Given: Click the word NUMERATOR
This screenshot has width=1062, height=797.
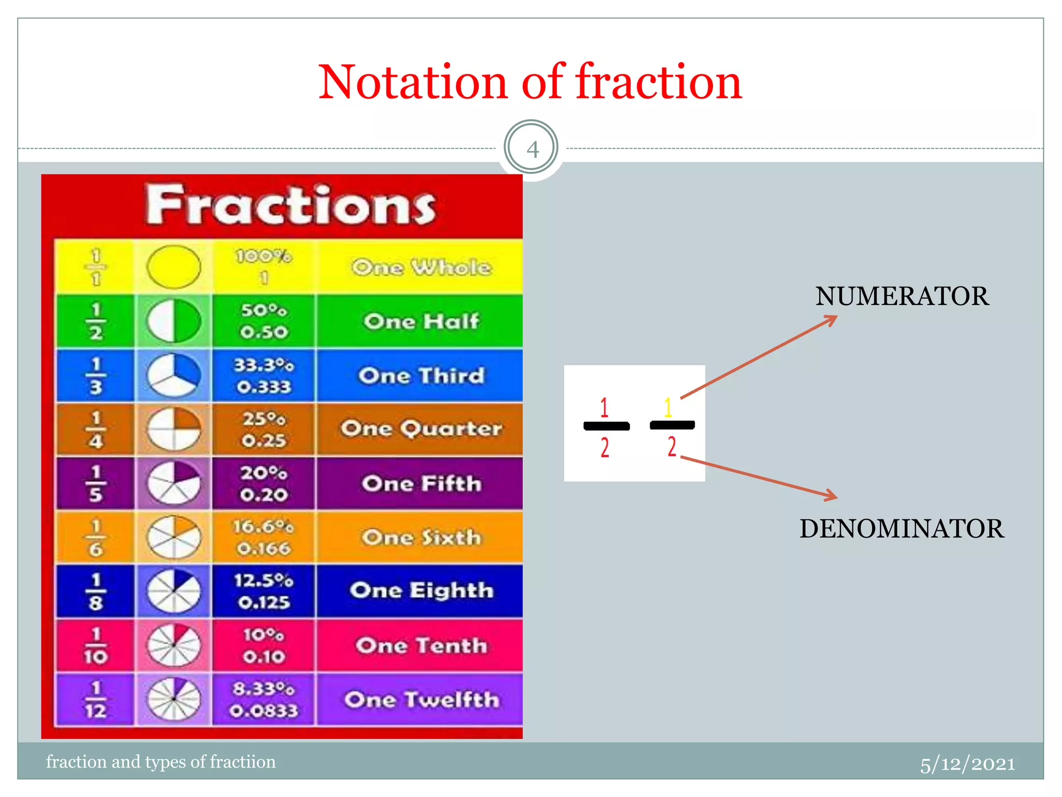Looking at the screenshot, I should [902, 296].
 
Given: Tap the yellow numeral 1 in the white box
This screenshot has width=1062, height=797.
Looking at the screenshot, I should [668, 407].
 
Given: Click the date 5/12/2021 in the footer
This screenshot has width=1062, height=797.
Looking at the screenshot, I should [967, 764].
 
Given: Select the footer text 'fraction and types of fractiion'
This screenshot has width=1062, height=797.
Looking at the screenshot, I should [161, 762].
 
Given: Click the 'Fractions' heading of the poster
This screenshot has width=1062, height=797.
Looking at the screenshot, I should [290, 205].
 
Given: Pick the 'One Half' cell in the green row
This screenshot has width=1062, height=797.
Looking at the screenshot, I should [421, 321].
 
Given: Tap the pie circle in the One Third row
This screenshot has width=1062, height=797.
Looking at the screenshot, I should [174, 375].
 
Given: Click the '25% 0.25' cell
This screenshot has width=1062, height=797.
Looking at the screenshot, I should [263, 429].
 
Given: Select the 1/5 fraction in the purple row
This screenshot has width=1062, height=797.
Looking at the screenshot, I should [95, 483].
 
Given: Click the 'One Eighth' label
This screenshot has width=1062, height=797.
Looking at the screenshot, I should [421, 590].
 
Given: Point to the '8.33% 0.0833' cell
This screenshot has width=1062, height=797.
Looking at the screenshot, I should [263, 699].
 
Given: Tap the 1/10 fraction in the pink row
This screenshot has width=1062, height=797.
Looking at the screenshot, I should [95, 645].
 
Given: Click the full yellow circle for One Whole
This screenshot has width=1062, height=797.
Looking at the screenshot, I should [174, 267].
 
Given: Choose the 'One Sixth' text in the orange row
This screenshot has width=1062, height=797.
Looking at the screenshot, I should [421, 538].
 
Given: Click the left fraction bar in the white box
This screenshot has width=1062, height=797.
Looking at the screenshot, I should [606, 426].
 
